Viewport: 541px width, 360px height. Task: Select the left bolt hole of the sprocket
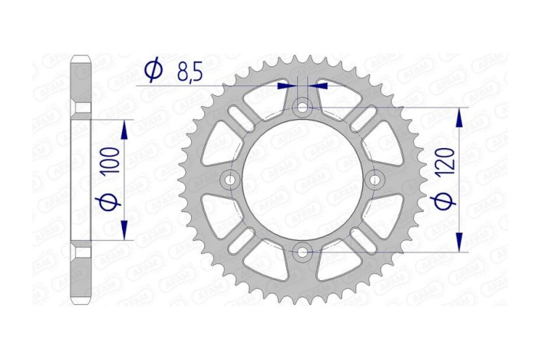click(229, 180)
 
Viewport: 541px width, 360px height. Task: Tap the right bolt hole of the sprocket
click(375, 180)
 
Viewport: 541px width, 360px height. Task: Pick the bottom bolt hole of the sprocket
click(302, 252)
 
